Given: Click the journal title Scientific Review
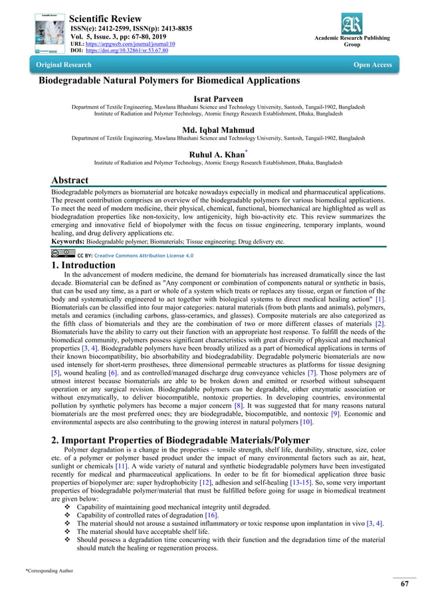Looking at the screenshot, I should pos(110,17).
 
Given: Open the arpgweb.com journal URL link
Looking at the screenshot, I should pos(126,43).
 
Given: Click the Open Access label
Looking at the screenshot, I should pos(371,65).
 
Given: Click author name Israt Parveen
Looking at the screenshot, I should pos(212,98).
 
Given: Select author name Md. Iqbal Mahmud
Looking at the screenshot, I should pos(212,129).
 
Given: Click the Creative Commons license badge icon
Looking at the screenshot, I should pos(62,254).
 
